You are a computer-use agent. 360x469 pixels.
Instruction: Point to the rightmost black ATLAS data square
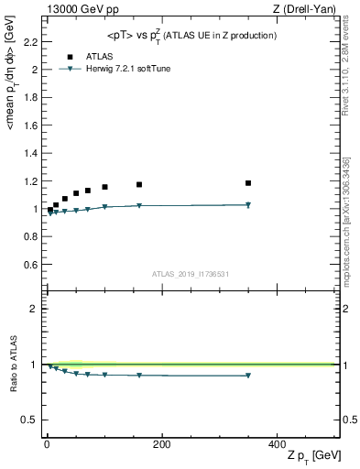pyautogui.click(x=248, y=183)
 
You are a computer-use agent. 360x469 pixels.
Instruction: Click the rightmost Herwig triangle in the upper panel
pyautogui.click(x=248, y=205)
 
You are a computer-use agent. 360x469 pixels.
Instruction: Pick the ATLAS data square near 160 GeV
pyautogui.click(x=139, y=185)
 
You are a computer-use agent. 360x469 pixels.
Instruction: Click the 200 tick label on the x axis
pyautogui.click(x=162, y=445)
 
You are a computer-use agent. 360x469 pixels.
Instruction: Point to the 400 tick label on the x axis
pyautogui.click(x=278, y=445)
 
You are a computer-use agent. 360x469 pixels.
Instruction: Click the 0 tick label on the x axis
pyautogui.click(x=47, y=445)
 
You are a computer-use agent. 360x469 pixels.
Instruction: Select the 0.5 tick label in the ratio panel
pyautogui.click(x=29, y=420)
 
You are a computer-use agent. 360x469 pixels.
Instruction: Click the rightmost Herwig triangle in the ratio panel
pyautogui.click(x=248, y=376)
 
